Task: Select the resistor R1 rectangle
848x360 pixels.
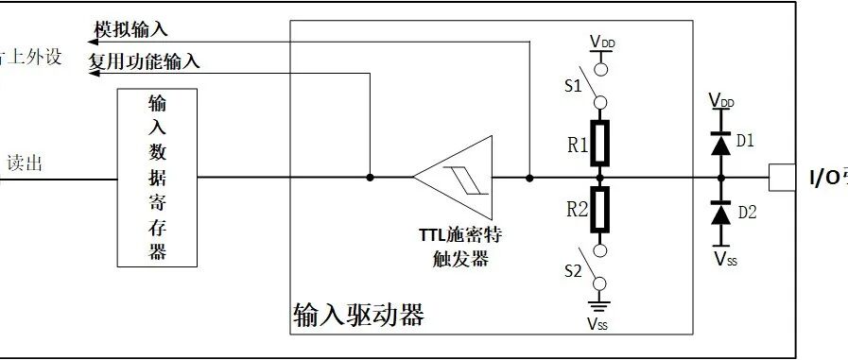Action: point(599,144)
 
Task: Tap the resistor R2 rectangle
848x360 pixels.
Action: point(599,209)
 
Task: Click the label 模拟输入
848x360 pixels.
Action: point(131,29)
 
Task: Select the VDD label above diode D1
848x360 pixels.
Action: point(720,100)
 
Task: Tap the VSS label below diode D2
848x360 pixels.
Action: point(725,257)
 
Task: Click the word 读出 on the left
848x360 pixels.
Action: point(25,163)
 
